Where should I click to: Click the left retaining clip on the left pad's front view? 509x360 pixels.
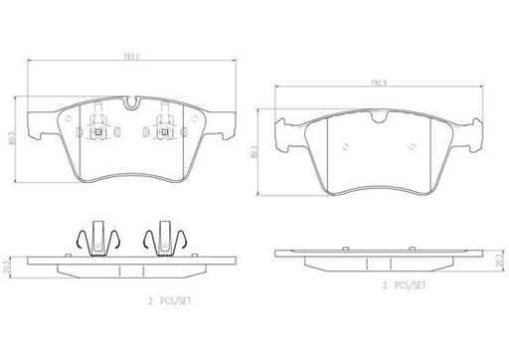point(98,128)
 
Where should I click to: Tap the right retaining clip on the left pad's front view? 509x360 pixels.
point(164,128)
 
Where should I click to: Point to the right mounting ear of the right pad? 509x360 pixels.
point(469,127)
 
